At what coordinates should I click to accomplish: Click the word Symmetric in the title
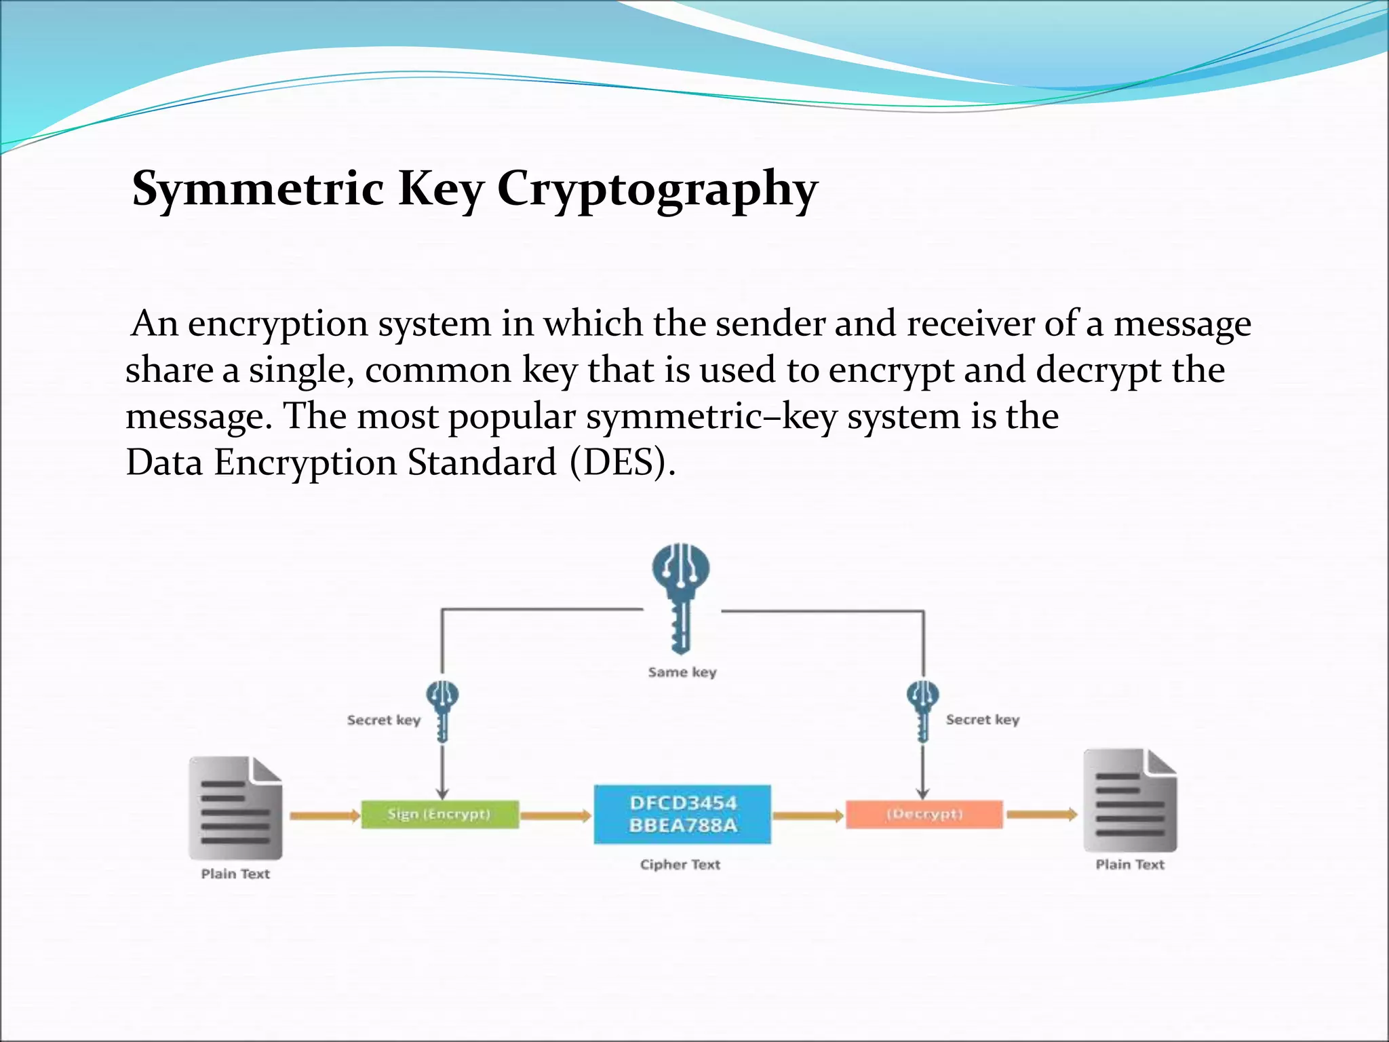(x=258, y=189)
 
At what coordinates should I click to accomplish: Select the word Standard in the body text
(x=482, y=463)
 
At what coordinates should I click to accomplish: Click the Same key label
(x=682, y=672)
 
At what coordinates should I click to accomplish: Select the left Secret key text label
(x=383, y=720)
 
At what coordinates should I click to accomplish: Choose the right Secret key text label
(x=982, y=720)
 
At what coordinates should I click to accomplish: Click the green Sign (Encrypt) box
(x=439, y=814)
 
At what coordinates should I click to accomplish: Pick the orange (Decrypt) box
(x=924, y=814)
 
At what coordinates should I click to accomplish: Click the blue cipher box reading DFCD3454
(x=682, y=814)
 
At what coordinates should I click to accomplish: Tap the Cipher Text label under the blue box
(x=680, y=865)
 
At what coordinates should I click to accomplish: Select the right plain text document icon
(x=1130, y=800)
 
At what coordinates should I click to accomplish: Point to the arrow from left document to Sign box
(x=324, y=815)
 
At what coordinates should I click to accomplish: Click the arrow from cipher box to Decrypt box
(x=807, y=815)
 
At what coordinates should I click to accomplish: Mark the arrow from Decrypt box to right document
(x=1041, y=814)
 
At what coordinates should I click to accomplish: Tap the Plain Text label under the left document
(x=235, y=874)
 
